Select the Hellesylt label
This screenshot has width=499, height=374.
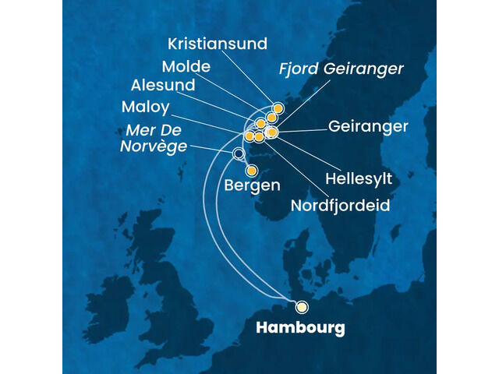tap(359, 178)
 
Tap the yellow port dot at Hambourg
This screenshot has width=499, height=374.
tap(302, 306)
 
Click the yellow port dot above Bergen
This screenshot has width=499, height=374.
tap(251, 171)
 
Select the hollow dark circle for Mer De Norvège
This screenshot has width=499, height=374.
tap(238, 153)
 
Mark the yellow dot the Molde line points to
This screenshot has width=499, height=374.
tap(271, 118)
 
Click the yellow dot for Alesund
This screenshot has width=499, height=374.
tap(261, 124)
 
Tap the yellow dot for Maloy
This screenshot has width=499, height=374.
tap(249, 136)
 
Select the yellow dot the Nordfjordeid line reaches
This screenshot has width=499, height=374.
tap(259, 137)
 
